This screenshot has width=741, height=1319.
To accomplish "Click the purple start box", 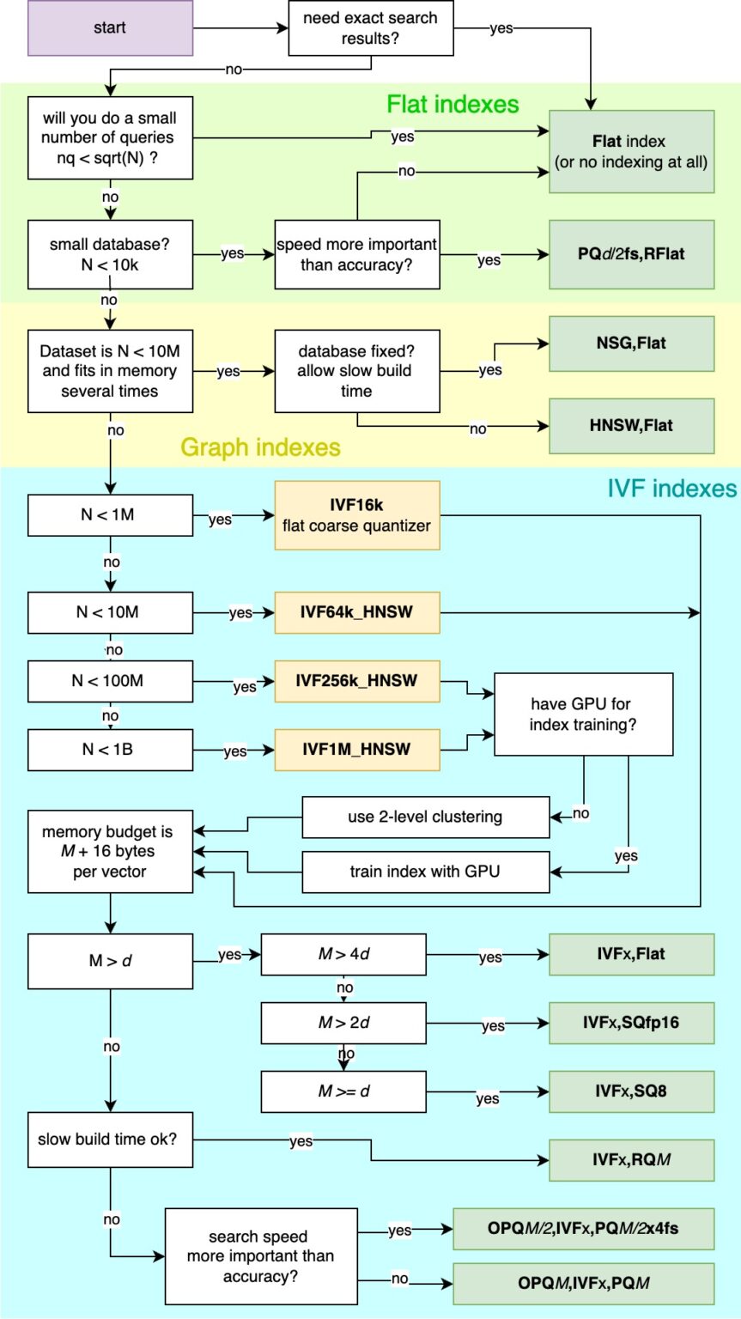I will [x=110, y=28].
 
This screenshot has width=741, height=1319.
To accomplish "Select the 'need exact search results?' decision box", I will [x=370, y=28].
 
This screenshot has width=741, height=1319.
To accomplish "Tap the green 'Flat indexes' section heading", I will [x=452, y=105].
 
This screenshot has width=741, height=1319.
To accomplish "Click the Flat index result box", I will [x=631, y=150].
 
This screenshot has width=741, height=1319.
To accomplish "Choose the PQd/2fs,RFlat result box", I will [x=631, y=255].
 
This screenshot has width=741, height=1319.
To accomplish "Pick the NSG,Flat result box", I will [x=631, y=343].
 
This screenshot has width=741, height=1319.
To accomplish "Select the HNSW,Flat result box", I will [x=631, y=423].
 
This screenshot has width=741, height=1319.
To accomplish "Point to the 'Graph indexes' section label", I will [x=260, y=447].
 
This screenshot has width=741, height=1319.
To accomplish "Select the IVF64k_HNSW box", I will [x=357, y=612].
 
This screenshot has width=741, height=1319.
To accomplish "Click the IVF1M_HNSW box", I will [x=357, y=750].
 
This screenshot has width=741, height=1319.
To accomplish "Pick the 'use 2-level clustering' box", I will [x=425, y=817].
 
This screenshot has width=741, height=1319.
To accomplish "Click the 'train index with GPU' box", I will [x=425, y=872].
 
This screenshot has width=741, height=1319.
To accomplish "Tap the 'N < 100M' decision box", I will [x=110, y=681].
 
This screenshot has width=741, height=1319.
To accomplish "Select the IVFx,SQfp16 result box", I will [x=631, y=1023].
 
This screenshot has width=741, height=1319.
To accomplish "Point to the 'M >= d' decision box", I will [x=343, y=1091].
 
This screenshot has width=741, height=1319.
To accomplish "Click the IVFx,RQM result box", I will [x=631, y=1160].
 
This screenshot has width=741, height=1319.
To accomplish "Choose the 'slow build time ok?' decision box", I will [x=110, y=1140].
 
